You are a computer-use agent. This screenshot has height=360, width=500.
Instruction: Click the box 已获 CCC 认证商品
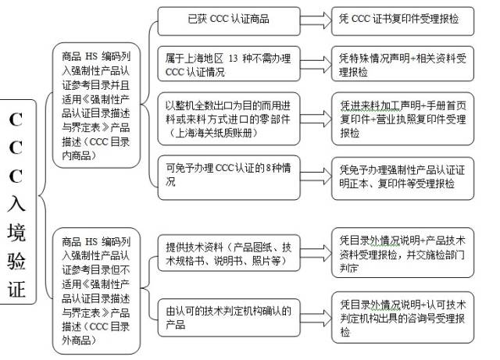pyautogui.click(x=227, y=19)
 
